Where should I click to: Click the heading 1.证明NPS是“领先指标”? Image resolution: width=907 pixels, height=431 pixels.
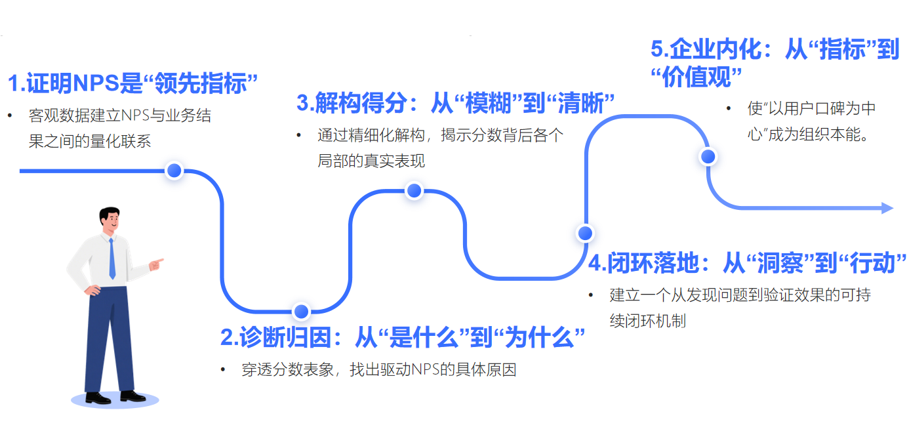click(132, 83)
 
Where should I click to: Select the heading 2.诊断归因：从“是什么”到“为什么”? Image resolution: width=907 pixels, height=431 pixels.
click(402, 338)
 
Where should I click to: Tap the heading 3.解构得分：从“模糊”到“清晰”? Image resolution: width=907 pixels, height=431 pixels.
click(455, 102)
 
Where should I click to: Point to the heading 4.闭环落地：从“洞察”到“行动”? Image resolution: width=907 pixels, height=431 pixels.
click(747, 262)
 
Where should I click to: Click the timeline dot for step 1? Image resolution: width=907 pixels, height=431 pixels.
click(174, 171)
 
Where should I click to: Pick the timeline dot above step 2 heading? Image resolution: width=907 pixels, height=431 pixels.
click(301, 311)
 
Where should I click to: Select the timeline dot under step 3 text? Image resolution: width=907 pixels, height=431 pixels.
click(414, 190)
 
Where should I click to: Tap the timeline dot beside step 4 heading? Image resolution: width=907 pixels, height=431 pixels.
click(584, 233)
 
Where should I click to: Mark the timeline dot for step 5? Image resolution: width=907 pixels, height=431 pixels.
click(708, 157)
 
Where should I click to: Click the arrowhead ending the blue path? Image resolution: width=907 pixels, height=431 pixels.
click(887, 208)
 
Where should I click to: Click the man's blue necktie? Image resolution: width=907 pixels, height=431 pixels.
click(111, 259)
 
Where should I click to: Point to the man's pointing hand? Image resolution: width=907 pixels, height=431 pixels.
click(156, 264)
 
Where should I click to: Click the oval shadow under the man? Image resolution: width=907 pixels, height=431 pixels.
click(115, 401)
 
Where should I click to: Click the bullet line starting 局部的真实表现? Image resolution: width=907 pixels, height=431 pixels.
click(371, 161)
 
